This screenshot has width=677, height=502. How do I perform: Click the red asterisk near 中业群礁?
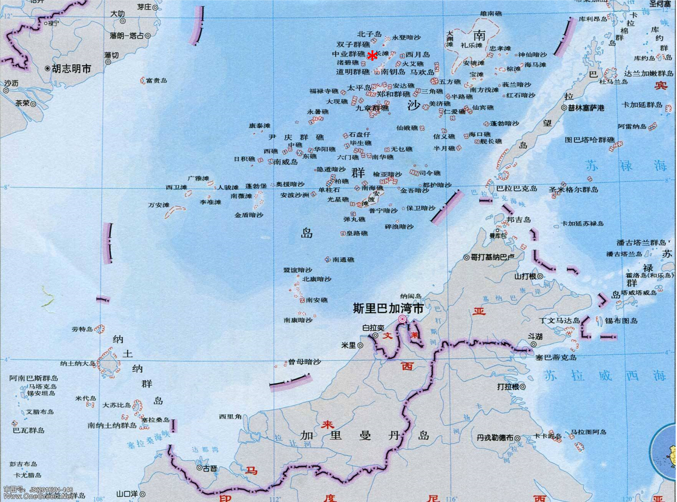(x=372, y=56)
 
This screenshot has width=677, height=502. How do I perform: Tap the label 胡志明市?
(x=71, y=69)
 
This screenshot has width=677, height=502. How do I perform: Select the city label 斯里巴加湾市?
(x=388, y=308)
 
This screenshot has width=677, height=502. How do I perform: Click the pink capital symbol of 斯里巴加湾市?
(x=402, y=319)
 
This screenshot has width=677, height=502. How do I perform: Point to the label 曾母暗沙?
(x=304, y=362)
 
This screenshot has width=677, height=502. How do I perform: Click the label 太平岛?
(x=359, y=88)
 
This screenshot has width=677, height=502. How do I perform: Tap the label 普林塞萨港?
(x=586, y=108)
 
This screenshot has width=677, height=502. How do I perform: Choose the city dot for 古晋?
(x=200, y=468)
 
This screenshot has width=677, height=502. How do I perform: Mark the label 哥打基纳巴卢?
(x=492, y=257)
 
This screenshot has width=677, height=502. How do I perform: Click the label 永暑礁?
(x=318, y=112)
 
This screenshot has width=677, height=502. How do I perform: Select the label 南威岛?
(x=285, y=162)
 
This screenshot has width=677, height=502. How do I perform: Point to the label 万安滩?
(x=158, y=205)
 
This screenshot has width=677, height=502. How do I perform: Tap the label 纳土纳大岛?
(x=78, y=363)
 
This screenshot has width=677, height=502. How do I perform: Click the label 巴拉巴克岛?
(x=517, y=188)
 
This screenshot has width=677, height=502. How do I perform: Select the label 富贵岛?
(x=156, y=80)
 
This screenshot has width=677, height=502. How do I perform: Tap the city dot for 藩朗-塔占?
(x=148, y=35)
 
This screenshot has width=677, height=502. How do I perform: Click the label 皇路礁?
(x=357, y=233)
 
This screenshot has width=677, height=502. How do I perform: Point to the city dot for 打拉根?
(x=523, y=387)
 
